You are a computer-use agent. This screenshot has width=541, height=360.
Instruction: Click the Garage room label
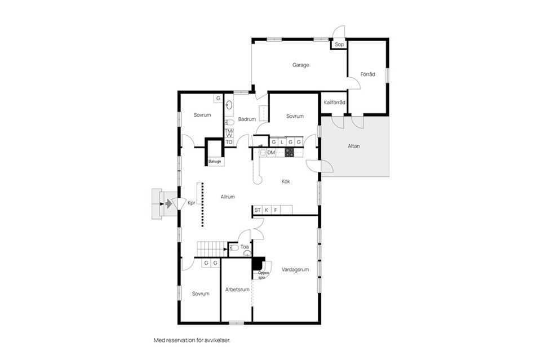point(300,65)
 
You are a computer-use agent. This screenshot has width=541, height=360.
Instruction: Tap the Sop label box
point(339,45)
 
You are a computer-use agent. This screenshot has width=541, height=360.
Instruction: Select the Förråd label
point(368,74)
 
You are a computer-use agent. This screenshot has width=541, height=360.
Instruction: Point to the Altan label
point(354,146)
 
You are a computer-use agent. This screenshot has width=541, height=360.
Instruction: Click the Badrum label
point(247,119)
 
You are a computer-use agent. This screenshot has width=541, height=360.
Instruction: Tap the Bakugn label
point(215,162)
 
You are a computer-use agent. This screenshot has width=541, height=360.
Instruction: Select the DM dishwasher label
point(271,153)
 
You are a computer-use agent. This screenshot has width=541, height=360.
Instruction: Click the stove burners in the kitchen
point(289,152)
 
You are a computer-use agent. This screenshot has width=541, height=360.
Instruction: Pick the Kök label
point(286,181)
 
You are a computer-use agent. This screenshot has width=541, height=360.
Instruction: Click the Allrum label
point(227,197)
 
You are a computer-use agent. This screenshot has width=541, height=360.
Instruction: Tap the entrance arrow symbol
point(167,203)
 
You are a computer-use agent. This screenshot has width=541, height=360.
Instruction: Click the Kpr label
point(191,203)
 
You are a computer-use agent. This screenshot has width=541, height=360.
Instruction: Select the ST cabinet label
point(258,210)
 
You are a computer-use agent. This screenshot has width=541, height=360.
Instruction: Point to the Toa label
point(245,247)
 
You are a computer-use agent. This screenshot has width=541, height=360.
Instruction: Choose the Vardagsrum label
point(295,270)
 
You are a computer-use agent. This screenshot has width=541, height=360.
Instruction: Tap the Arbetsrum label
point(237,290)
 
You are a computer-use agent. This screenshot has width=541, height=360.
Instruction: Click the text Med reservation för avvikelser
point(192,340)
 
